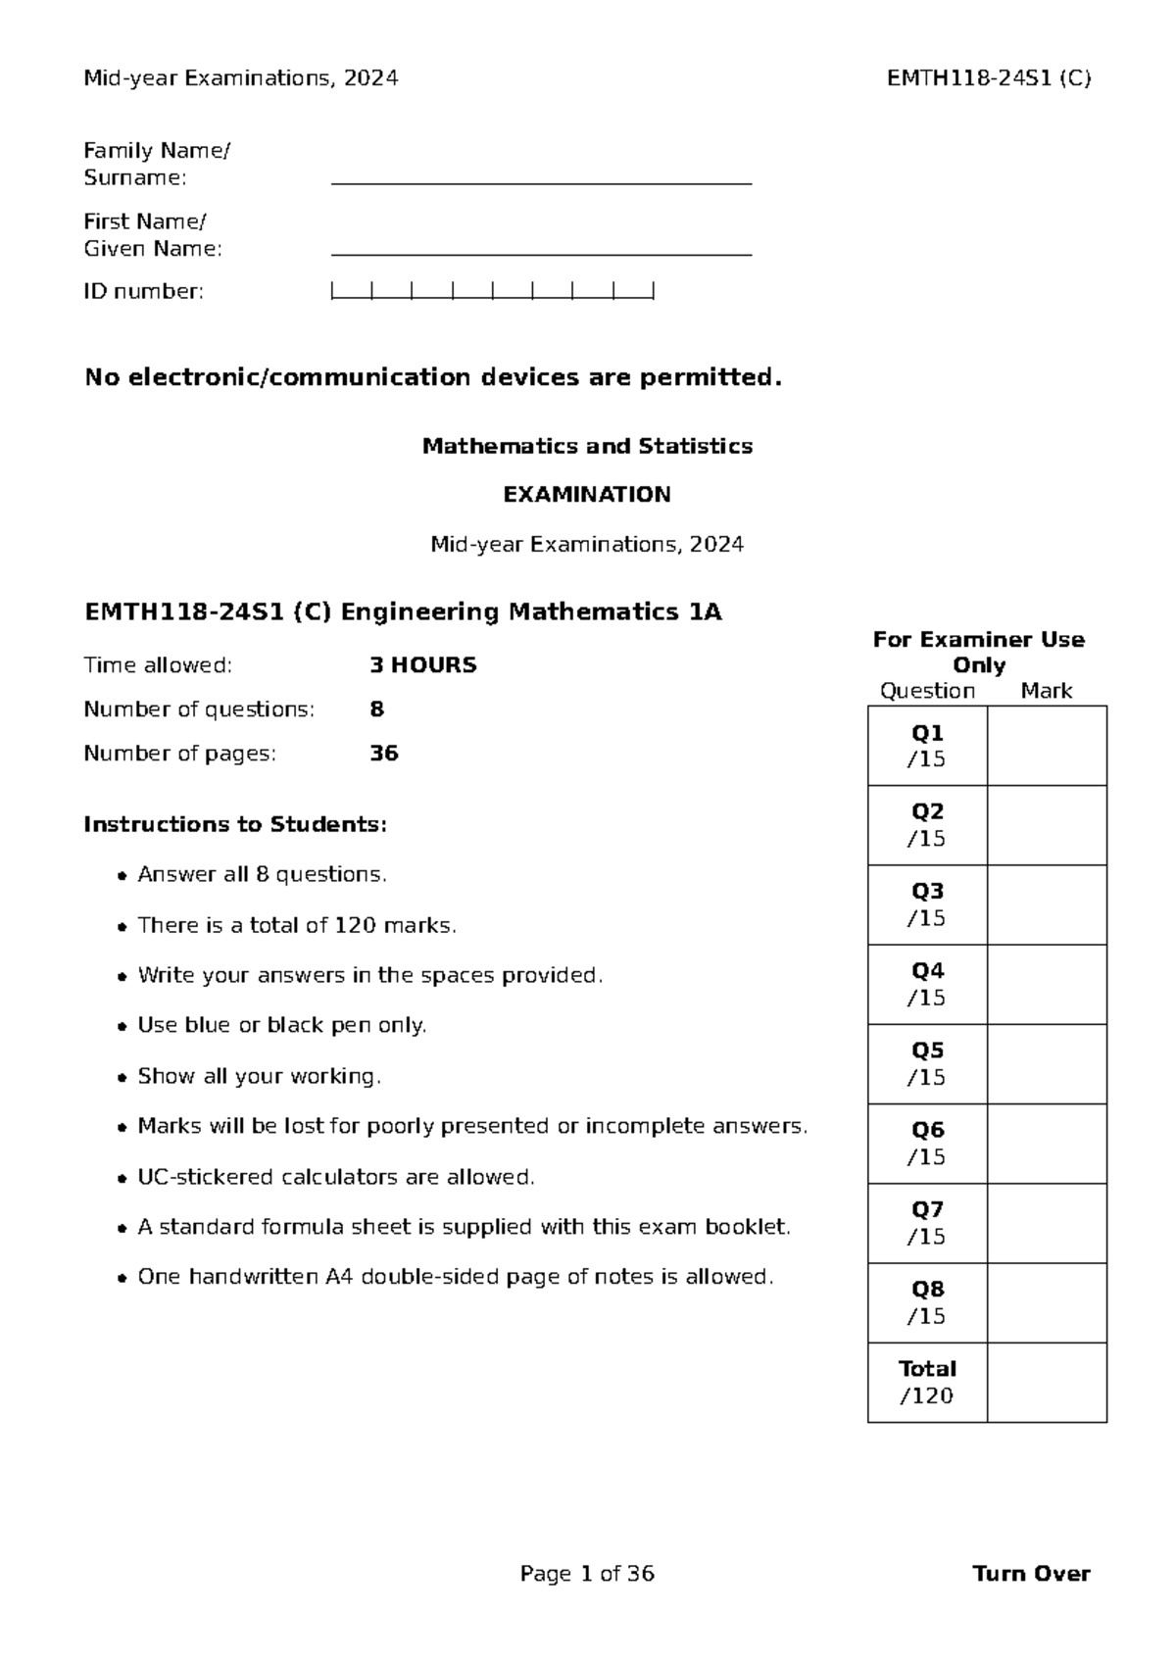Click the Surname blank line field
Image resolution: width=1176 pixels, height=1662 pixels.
[541, 176]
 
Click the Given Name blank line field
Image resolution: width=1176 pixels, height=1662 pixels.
[541, 248]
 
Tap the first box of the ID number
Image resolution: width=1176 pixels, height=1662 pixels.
[352, 290]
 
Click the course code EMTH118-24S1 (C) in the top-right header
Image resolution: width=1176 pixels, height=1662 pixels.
[988, 78]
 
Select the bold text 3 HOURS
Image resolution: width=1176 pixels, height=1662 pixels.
[422, 665]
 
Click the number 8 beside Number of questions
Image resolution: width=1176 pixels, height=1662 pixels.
[376, 709]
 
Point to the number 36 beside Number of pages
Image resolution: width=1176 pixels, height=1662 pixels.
[383, 754]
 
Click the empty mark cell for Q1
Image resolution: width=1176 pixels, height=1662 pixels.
[1047, 746]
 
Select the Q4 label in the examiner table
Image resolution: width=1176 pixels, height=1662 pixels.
[927, 971]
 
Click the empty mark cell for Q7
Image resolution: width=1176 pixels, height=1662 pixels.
[1047, 1223]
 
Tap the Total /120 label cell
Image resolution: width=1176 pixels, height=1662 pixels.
[927, 1382]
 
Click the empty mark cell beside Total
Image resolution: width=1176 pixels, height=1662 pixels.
[1047, 1382]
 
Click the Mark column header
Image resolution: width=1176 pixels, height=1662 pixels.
[1047, 691]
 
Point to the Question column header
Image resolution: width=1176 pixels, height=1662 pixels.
[927, 691]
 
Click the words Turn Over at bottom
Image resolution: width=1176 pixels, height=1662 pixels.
[1031, 1574]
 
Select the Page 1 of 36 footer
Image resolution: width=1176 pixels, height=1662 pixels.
[587, 1574]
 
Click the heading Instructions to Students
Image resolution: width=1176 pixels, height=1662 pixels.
[235, 824]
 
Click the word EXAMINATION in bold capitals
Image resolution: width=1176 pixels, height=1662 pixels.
[587, 495]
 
